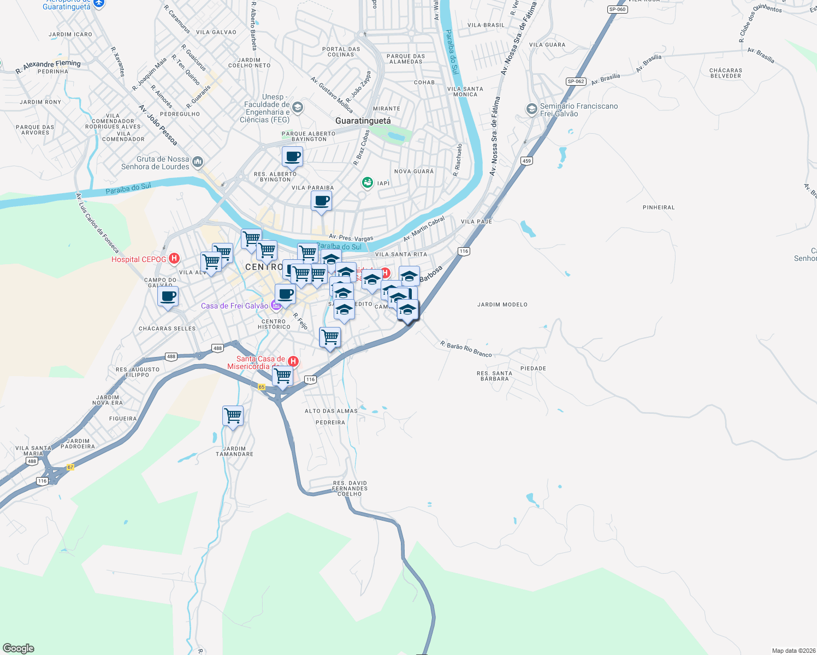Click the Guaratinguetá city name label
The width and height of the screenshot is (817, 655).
363,121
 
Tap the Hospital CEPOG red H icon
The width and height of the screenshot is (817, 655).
174,259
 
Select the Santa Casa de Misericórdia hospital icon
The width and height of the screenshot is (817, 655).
293,361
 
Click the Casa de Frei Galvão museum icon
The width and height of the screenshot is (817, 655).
276,306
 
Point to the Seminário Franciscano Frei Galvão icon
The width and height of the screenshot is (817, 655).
531,109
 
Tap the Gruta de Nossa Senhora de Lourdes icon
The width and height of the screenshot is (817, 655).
198,162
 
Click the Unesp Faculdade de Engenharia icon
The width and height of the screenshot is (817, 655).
298,106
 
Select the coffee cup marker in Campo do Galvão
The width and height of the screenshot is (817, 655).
168,297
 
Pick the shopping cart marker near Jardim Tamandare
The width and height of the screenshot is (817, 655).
233,416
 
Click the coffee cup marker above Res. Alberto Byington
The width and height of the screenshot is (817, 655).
292,157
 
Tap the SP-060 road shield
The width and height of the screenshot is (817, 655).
617,9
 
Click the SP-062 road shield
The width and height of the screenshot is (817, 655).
576,81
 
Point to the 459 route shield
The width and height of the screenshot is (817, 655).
526,160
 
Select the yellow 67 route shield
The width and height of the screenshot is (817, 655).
70,467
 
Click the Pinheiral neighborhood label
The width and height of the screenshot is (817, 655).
659,207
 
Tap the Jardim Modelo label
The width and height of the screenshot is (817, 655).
502,305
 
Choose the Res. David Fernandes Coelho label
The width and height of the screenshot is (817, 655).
350,489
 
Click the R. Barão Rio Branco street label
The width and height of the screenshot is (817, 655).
466,349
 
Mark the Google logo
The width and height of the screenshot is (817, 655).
19,648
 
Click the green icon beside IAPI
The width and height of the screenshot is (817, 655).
368,182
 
